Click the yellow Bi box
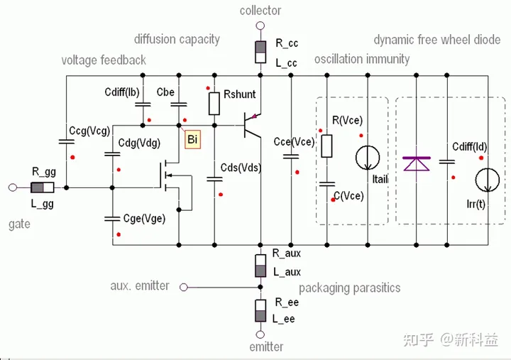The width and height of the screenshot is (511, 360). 192,140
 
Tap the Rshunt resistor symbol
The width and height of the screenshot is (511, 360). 214,104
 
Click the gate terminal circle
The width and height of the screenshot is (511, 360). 12,188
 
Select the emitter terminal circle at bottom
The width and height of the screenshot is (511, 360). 260,334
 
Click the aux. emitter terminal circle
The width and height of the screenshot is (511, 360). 183,287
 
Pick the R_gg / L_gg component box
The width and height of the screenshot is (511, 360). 43,188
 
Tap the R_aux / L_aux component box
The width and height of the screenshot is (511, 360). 260,263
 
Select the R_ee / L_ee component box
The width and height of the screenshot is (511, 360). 260,311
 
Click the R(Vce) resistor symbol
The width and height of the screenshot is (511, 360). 326,146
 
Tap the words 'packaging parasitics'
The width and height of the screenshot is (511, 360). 349,288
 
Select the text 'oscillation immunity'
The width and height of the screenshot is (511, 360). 362,58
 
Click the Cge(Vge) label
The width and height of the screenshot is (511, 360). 144,219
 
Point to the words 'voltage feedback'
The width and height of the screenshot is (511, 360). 104,60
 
